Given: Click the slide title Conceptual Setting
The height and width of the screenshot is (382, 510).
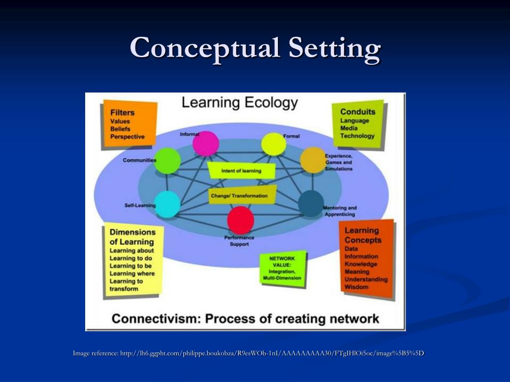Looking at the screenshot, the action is coord(255,48).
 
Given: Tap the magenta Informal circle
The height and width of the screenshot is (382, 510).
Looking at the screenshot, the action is coord(206,144).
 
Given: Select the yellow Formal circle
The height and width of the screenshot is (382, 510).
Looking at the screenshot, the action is coord(274,144).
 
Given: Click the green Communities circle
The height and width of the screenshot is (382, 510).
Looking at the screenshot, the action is coord(167,161).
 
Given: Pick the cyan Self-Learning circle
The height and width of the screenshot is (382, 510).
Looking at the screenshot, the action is coord(167,204).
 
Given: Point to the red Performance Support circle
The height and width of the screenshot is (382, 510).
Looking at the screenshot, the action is coord(241,220).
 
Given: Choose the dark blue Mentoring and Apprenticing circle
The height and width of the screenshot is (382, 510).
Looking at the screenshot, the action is coord(311,203).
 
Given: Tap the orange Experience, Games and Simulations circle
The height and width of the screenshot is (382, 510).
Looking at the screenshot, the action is coord(313,160).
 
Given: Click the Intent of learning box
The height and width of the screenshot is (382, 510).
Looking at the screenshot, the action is coord(242,171).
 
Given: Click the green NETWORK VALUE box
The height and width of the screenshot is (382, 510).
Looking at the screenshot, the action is coord(282,269).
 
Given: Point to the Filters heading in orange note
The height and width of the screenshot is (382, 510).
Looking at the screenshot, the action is coord(123,113).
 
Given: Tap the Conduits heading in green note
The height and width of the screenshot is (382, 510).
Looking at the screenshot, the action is coord(358,111).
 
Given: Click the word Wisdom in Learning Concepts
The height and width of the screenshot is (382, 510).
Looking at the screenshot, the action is coord(357,287).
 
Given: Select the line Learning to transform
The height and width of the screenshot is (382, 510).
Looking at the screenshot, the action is coord(126,285).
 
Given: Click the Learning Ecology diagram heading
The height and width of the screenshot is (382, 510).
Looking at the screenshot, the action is coord(240,103).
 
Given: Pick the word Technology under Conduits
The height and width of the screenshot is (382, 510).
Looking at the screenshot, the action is coord(357,136).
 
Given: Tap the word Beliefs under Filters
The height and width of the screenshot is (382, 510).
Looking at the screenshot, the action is coord(121,129).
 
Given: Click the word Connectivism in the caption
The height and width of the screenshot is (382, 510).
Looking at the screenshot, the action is coord(147,318).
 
